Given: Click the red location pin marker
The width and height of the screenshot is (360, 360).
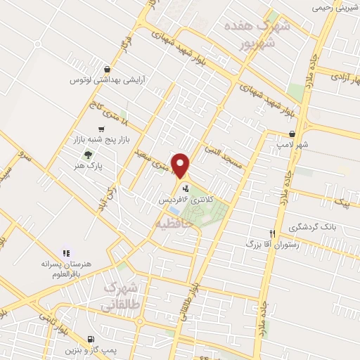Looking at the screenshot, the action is coord(181,165).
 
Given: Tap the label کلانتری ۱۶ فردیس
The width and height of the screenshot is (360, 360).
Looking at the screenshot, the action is coord(185,200).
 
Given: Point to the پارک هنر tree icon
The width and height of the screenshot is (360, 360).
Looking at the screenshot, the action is coord(88,155).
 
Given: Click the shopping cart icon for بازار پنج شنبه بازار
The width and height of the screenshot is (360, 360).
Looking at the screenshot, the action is coord(103,129).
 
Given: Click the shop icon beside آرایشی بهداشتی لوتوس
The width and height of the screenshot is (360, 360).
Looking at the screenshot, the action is coord(106,69).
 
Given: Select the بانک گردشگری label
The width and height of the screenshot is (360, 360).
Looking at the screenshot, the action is coord(323,228).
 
